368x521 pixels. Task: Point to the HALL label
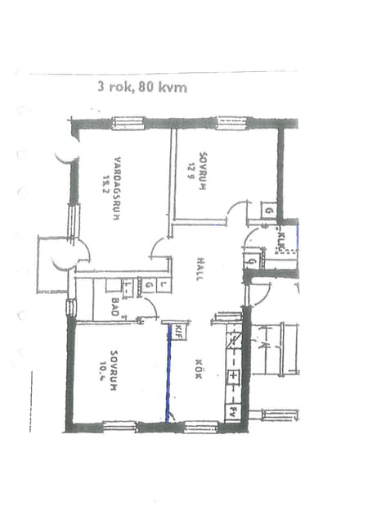pos(200,270)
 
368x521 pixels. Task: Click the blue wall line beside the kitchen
pos(169,373)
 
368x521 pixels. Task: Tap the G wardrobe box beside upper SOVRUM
pos(268,211)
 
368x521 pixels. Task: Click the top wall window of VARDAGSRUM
pos(127,124)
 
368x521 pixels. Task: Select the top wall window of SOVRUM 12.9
pos(231,124)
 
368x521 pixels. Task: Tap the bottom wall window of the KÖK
pos(200,426)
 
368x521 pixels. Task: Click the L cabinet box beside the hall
pos(163,286)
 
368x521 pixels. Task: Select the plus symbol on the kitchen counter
pos(232,377)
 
